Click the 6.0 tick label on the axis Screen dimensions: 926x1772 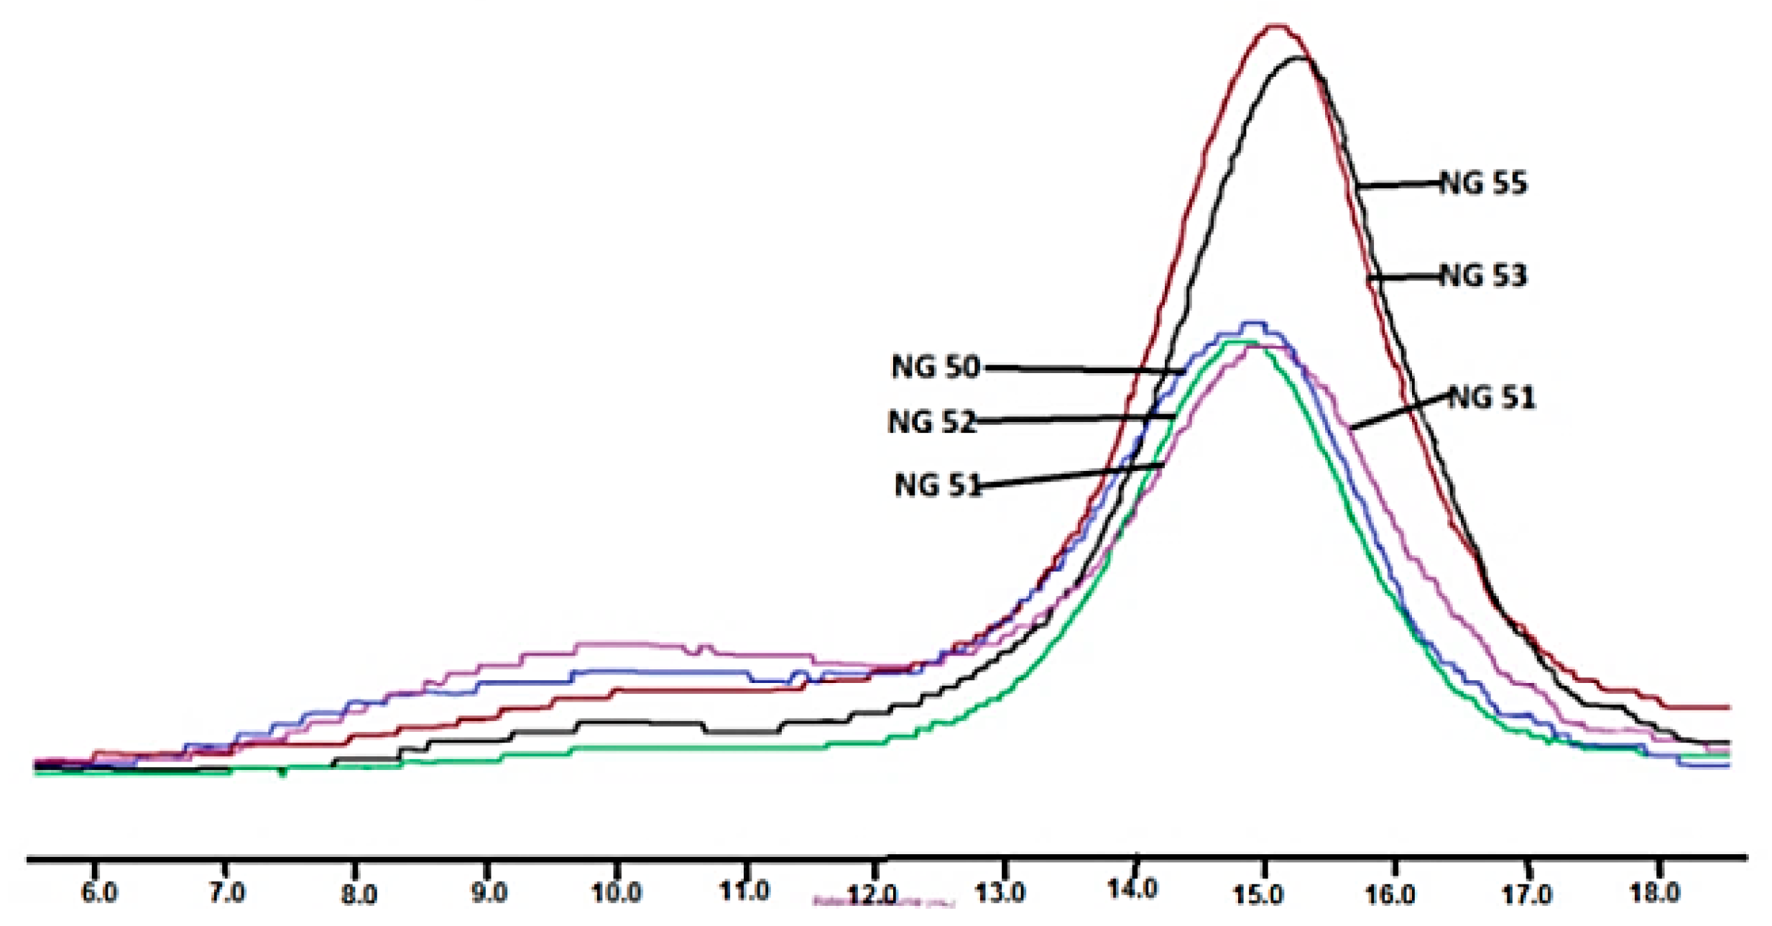point(99,894)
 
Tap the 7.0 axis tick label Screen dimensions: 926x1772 point(227,894)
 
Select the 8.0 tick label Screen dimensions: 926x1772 point(359,894)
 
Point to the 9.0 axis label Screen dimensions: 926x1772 point(489,894)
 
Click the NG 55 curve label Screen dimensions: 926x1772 point(1484,183)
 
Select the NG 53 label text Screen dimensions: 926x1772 point(1484,276)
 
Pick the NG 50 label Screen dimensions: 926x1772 point(936,367)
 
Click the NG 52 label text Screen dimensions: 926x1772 point(932,422)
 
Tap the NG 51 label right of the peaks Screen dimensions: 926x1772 point(1492,398)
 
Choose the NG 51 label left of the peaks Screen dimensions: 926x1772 point(938,485)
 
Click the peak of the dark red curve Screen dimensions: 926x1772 point(1275,27)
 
